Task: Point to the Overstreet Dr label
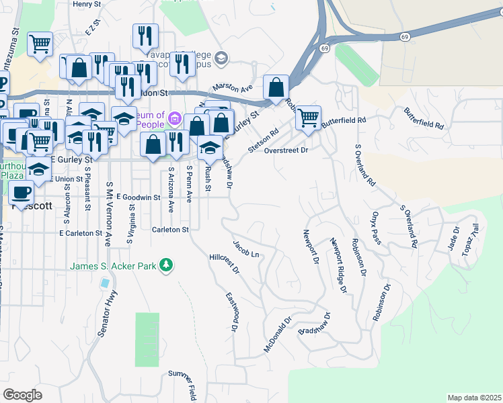click(x=286, y=150)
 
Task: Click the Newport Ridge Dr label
click(x=338, y=265)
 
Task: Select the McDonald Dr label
click(x=277, y=336)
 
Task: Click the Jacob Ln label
click(x=245, y=248)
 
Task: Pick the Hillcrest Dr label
click(x=224, y=263)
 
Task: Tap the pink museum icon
click(x=174, y=119)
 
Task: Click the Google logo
click(x=22, y=395)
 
